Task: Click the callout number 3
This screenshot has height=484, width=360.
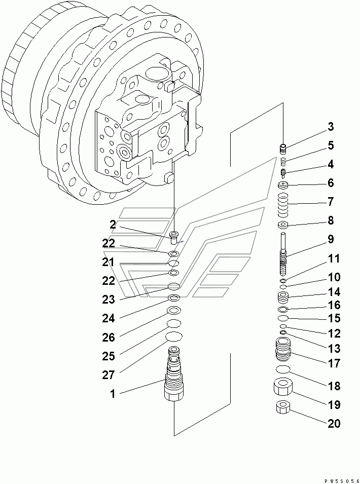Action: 330,127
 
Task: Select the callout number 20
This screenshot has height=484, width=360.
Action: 333,424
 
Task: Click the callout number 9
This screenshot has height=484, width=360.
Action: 330,239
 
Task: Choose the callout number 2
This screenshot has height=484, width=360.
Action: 112,225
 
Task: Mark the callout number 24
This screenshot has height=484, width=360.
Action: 109,318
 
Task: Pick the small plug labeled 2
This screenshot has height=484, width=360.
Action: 174,236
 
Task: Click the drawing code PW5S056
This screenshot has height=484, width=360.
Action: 342,478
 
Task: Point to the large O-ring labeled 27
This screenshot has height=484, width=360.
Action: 173,337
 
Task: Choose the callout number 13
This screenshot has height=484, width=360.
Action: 333,349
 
